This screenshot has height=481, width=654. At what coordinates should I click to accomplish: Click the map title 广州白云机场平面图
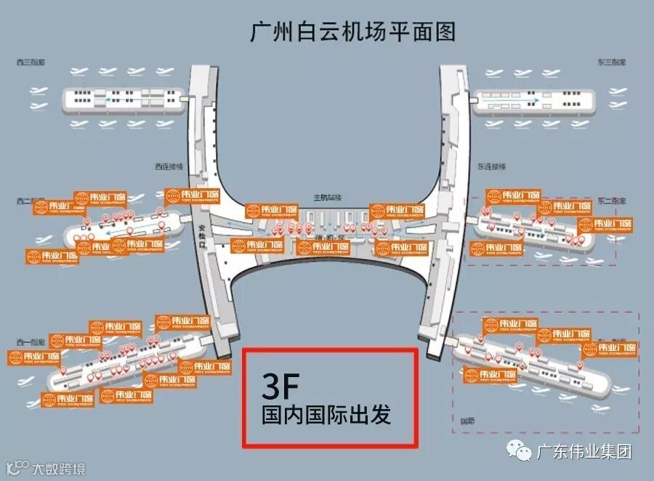coord(352,33)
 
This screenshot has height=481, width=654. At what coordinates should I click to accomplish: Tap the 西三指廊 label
coord(31,63)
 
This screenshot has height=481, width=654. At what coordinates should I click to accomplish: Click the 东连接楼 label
coord(490,166)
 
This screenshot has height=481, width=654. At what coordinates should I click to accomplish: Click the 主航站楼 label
coord(327,198)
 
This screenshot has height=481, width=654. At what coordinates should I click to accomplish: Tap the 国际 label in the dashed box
coord(468,420)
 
